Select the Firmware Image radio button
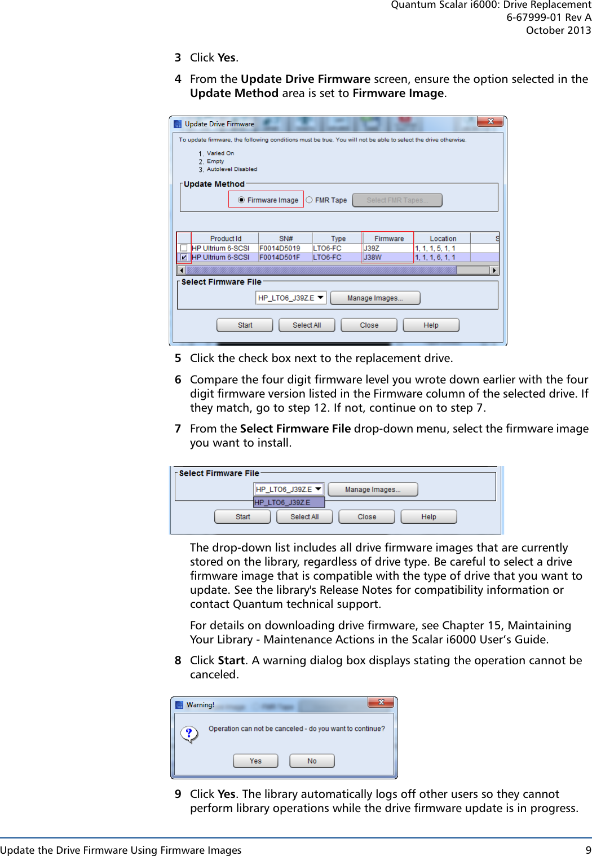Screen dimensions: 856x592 coord(241,200)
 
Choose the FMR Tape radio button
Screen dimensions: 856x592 coord(309,200)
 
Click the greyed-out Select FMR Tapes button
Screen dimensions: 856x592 coord(397,200)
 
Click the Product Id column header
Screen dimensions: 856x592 coord(225,239)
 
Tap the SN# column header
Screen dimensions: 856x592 coord(286,239)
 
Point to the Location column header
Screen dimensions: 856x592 coord(443,239)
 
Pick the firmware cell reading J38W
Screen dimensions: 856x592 coord(373,258)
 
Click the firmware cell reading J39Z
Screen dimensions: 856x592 coord(372,248)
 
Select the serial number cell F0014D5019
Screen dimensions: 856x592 coord(280,248)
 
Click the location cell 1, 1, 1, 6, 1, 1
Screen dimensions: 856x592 coord(435,258)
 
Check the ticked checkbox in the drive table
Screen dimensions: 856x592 coord(184,258)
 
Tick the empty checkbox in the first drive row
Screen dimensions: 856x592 coord(184,248)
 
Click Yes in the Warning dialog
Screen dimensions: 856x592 coord(255,761)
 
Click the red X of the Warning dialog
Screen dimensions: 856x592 coord(381,702)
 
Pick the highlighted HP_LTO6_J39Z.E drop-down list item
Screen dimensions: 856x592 coord(289,502)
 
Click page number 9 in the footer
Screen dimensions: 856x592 coord(588,850)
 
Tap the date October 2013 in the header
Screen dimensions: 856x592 coord(558,30)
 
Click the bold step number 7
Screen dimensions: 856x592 coord(178,429)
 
